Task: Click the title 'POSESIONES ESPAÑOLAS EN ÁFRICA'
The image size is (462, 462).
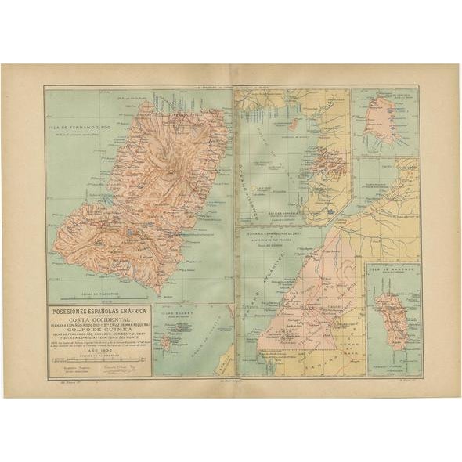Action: click(99, 310)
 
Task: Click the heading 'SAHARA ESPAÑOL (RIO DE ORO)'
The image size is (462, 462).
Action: click(276, 233)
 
